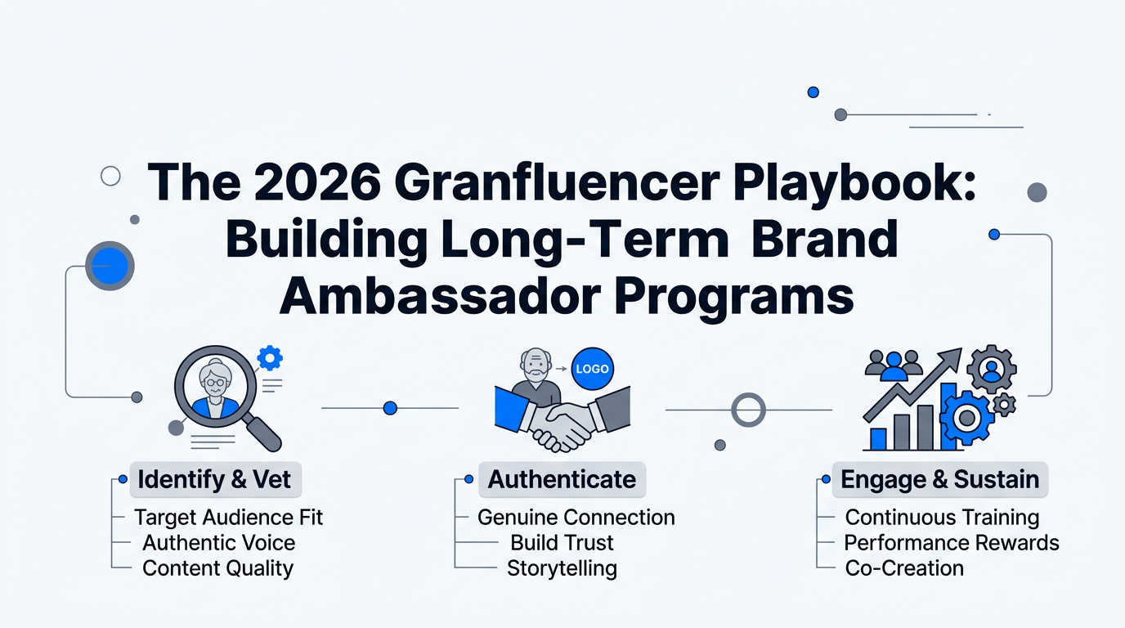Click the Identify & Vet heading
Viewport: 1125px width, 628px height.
[214, 479]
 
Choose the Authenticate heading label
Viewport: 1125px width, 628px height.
[562, 479]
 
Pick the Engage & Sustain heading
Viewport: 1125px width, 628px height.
[939, 479]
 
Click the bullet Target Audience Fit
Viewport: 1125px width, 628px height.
[229, 518]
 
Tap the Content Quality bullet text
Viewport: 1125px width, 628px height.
[217, 568]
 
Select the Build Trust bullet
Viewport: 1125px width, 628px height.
[562, 543]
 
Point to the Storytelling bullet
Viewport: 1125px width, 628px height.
[562, 568]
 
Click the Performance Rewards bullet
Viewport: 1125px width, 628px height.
[951, 543]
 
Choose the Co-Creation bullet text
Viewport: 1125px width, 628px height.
[904, 568]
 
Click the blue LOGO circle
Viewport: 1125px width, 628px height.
[592, 369]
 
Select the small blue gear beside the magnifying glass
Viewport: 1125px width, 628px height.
[269, 357]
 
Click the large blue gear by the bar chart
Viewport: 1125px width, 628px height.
[967, 418]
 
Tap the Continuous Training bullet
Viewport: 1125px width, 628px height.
[942, 518]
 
